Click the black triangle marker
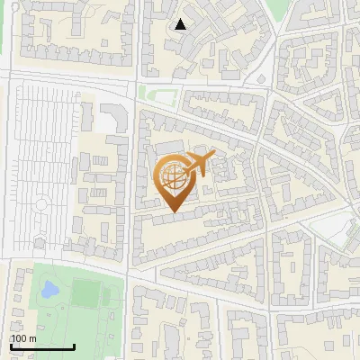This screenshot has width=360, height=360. click(181, 24)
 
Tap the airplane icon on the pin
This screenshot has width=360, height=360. click(196, 164)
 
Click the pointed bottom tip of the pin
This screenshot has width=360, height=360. click(173, 211)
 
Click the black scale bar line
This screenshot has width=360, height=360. click(42, 347)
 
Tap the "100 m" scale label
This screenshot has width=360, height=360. click(24, 338)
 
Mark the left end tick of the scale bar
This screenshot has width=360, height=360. click(11, 346)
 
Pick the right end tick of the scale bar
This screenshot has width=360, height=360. click(74, 346)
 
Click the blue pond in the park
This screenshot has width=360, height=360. click(49, 290)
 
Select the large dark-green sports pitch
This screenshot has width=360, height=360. click(87, 292)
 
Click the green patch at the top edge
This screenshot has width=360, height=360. click(279, 7)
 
